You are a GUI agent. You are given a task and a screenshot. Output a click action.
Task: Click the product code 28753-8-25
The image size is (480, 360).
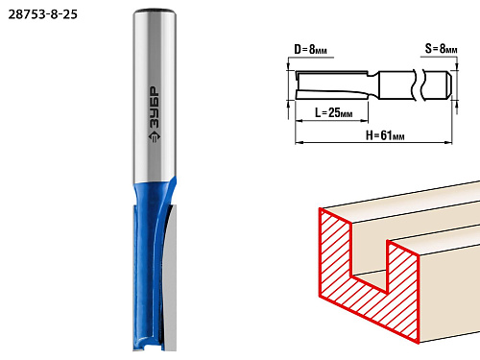[x=43, y=14]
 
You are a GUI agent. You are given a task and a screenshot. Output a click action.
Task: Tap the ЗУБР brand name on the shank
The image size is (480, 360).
[x=155, y=108]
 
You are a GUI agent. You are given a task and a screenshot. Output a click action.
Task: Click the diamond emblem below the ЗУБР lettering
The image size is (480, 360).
[x=155, y=136]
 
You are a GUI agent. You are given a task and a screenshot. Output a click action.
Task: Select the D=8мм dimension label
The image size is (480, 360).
[x=310, y=49]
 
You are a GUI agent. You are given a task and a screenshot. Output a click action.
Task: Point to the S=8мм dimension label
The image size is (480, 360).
[x=441, y=49]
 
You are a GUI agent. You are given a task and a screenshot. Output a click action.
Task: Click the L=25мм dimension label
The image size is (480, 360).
[x=334, y=112]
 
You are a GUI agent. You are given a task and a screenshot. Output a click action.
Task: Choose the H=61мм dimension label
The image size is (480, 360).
[x=385, y=135]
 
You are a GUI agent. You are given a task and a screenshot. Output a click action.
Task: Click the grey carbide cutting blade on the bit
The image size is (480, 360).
[x=171, y=278]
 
